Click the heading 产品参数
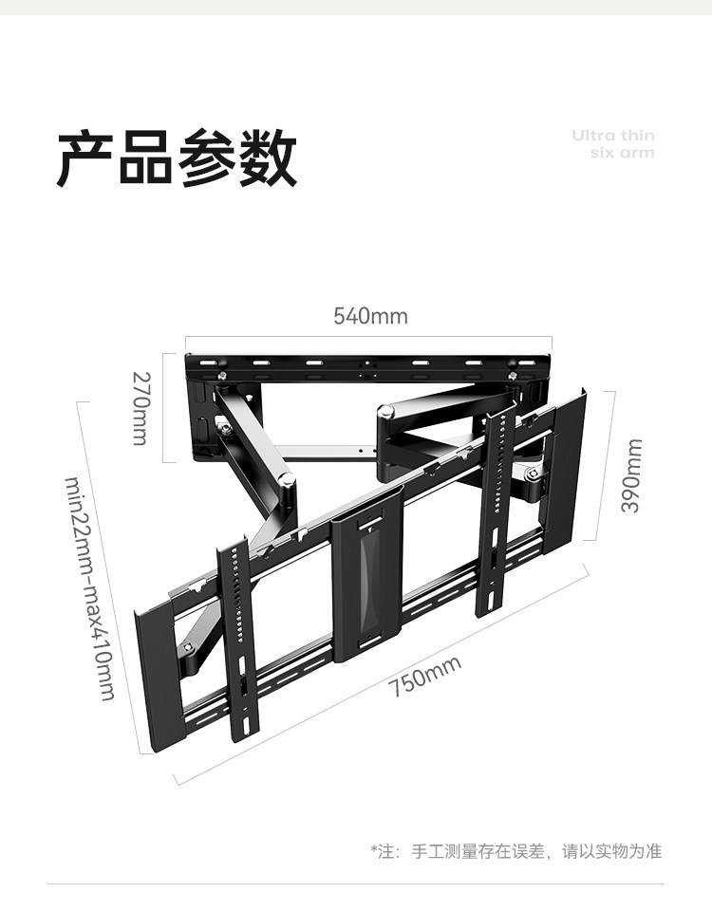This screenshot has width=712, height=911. (x=178, y=158)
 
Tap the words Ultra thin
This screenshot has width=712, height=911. (x=612, y=136)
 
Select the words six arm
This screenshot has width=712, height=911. (x=622, y=153)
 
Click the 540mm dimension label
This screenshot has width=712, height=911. (x=370, y=316)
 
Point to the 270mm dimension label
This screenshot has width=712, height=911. (x=141, y=407)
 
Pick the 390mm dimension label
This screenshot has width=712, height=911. (x=631, y=474)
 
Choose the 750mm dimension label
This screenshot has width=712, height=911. (x=424, y=676)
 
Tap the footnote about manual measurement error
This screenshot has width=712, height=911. (x=515, y=851)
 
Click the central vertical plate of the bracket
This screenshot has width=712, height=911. (x=367, y=579)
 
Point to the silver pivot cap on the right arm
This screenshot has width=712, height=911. (x=386, y=413)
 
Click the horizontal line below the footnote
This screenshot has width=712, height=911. (x=356, y=884)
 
